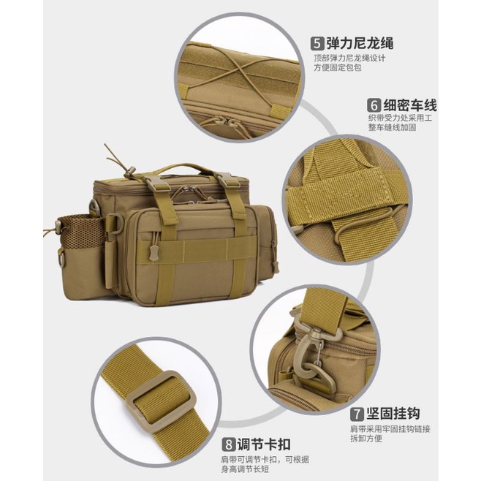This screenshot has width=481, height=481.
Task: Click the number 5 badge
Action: pyautogui.click(x=317, y=43)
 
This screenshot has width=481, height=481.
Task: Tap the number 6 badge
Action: pyautogui.click(x=374, y=105)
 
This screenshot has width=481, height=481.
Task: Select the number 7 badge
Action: pyautogui.click(x=357, y=414)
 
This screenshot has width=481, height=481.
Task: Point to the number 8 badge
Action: pyautogui.click(x=228, y=444)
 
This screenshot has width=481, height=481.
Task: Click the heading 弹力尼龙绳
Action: pyautogui.click(x=360, y=43)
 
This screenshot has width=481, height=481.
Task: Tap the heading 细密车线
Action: pyautogui.click(x=410, y=105)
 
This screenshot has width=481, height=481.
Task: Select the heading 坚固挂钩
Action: pyautogui.click(x=393, y=414)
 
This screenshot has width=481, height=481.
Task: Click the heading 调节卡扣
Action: pyautogui.click(x=264, y=444)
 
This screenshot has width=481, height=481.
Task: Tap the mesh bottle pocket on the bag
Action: pyautogui.click(x=80, y=232)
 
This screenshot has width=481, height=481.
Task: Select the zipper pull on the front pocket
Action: pyautogui.click(x=154, y=252)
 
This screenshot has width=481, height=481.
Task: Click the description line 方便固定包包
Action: pyautogui.click(x=338, y=68)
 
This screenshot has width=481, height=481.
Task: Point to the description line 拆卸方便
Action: pyautogui.click(x=366, y=438)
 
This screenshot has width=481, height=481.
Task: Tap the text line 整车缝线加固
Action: pyautogui.click(x=393, y=127)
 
